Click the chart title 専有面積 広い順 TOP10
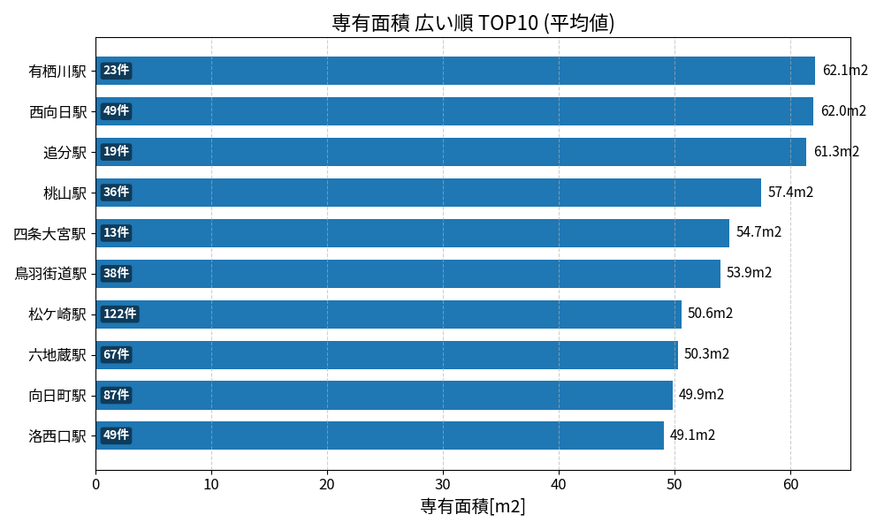tap(473, 23)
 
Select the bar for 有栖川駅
tap(455, 71)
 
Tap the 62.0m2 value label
tap(843, 111)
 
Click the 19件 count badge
tap(116, 152)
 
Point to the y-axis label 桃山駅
tap(65, 193)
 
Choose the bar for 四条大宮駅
tap(412, 233)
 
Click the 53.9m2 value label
tap(749, 273)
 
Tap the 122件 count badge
tap(119, 314)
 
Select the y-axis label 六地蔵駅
tap(57, 354)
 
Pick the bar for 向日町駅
tap(384, 395)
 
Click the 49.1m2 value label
tap(692, 435)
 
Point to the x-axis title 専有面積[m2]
tap(473, 507)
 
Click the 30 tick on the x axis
tap(443, 484)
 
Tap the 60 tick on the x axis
tap(790, 484)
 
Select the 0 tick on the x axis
tap(95, 484)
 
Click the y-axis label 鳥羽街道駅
tap(50, 274)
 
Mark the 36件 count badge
tap(116, 193)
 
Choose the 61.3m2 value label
tap(836, 152)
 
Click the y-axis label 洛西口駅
tap(57, 435)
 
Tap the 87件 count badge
tap(116, 395)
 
